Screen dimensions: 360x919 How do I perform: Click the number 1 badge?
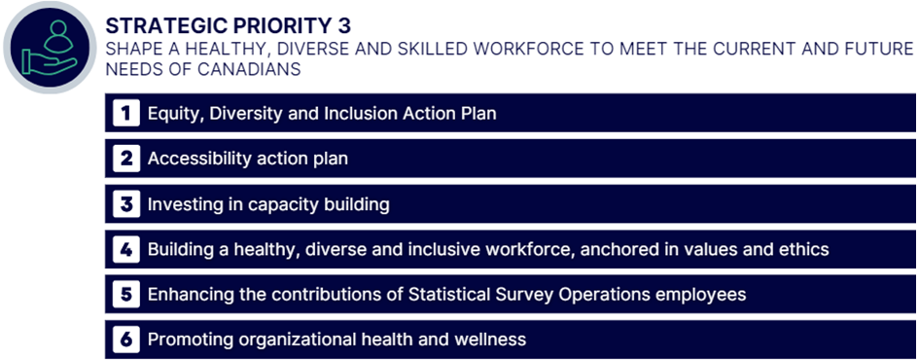126,114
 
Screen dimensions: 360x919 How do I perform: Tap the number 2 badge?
126,159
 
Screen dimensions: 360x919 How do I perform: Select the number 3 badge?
126,204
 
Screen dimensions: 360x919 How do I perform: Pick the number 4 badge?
126,249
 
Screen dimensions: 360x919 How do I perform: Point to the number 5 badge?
126,294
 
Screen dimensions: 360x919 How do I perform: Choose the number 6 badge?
126,340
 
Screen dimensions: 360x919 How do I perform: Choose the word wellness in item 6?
488,340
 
